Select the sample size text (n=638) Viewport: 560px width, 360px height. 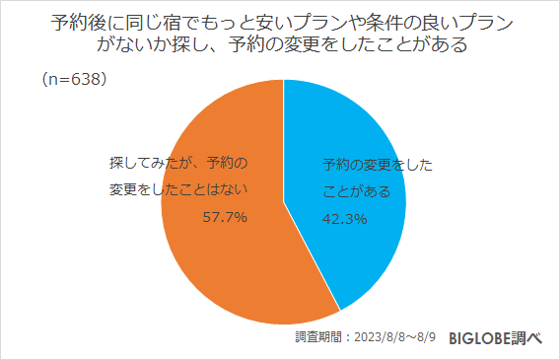[74, 78]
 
